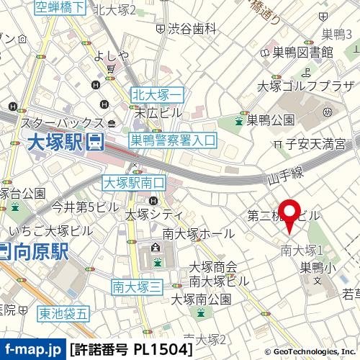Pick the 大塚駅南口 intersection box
[x=135, y=183]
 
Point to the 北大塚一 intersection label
[x=158, y=94]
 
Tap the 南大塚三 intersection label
[x=137, y=287]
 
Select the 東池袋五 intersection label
[x=63, y=312]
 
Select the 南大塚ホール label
[x=198, y=233]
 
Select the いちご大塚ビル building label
[x=51, y=230]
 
